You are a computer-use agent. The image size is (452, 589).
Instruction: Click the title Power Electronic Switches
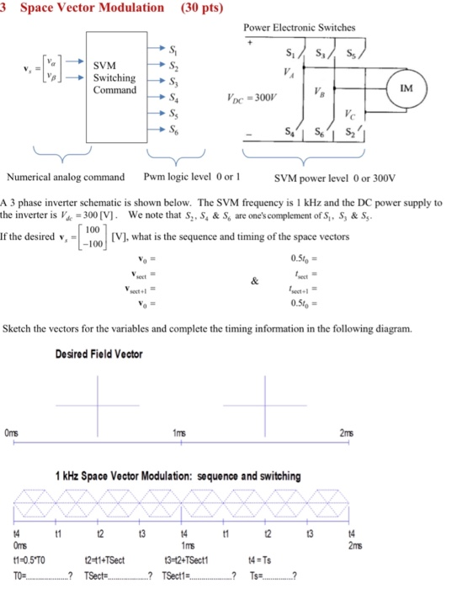coord(299,28)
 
